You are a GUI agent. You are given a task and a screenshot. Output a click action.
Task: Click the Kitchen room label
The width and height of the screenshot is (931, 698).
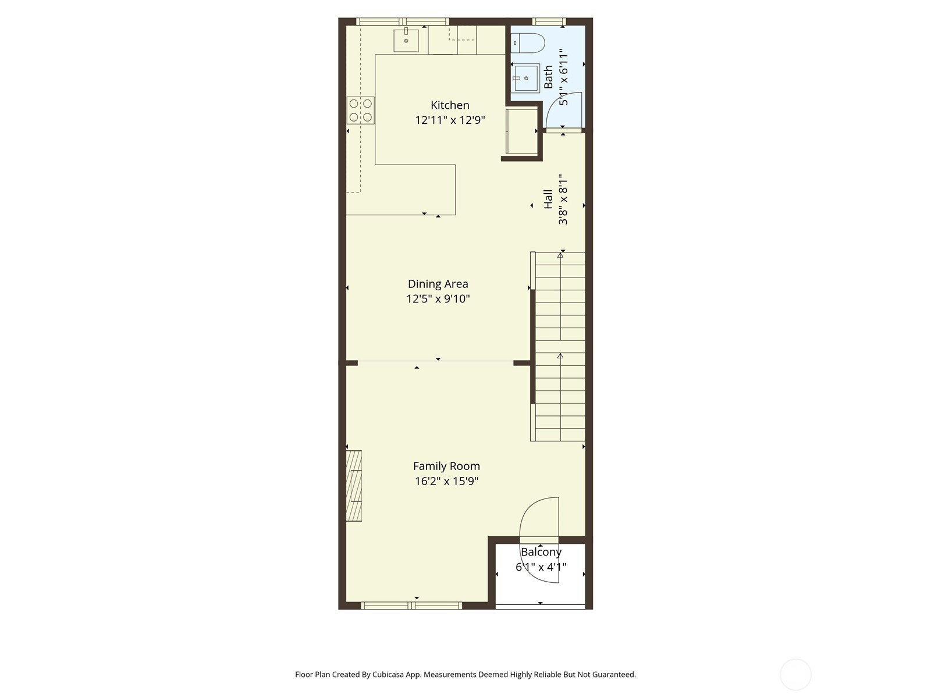(450, 105)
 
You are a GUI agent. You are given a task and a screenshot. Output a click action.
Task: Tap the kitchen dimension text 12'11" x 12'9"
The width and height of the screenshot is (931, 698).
(450, 120)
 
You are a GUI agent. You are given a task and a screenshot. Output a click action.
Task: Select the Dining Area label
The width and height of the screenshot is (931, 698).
(438, 284)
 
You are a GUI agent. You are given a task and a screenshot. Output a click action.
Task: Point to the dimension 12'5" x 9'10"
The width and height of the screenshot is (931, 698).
(438, 299)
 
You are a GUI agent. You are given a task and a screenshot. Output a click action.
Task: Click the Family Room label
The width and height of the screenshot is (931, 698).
(446, 466)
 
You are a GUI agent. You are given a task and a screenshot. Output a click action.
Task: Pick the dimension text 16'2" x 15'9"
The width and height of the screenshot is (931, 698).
(446, 481)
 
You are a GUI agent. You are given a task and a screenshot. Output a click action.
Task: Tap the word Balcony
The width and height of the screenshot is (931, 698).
(541, 552)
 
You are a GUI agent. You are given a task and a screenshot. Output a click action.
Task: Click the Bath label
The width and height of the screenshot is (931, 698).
(548, 77)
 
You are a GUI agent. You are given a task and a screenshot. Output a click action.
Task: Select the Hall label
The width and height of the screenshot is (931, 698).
(548, 199)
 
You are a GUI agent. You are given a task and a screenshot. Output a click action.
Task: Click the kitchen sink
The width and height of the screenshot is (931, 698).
(406, 40)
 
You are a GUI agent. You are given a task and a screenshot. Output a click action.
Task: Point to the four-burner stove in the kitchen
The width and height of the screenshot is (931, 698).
(361, 110)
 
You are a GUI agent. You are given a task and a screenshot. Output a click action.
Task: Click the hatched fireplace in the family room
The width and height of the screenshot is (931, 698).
(354, 486)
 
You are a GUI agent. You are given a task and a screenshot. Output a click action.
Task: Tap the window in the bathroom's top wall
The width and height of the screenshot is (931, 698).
(549, 22)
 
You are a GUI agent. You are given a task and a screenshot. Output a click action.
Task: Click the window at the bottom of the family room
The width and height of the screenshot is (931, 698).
(411, 606)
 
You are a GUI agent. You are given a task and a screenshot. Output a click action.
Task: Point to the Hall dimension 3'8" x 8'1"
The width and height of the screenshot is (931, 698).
(563, 199)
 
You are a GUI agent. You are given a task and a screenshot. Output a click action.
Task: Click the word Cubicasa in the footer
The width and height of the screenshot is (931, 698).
(388, 674)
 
